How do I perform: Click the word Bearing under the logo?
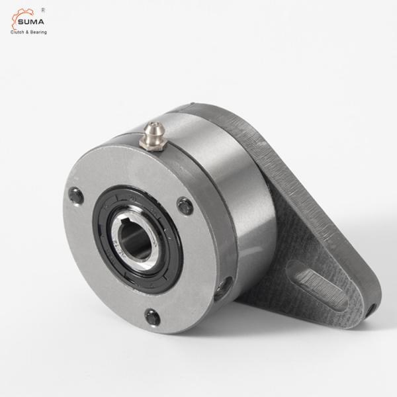click(38, 32)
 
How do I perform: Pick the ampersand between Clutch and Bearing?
click(27, 32)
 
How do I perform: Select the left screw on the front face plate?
click(76, 196)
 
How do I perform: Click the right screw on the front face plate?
click(185, 206)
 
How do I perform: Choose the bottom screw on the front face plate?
click(152, 318)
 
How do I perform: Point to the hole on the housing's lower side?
click(223, 288)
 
